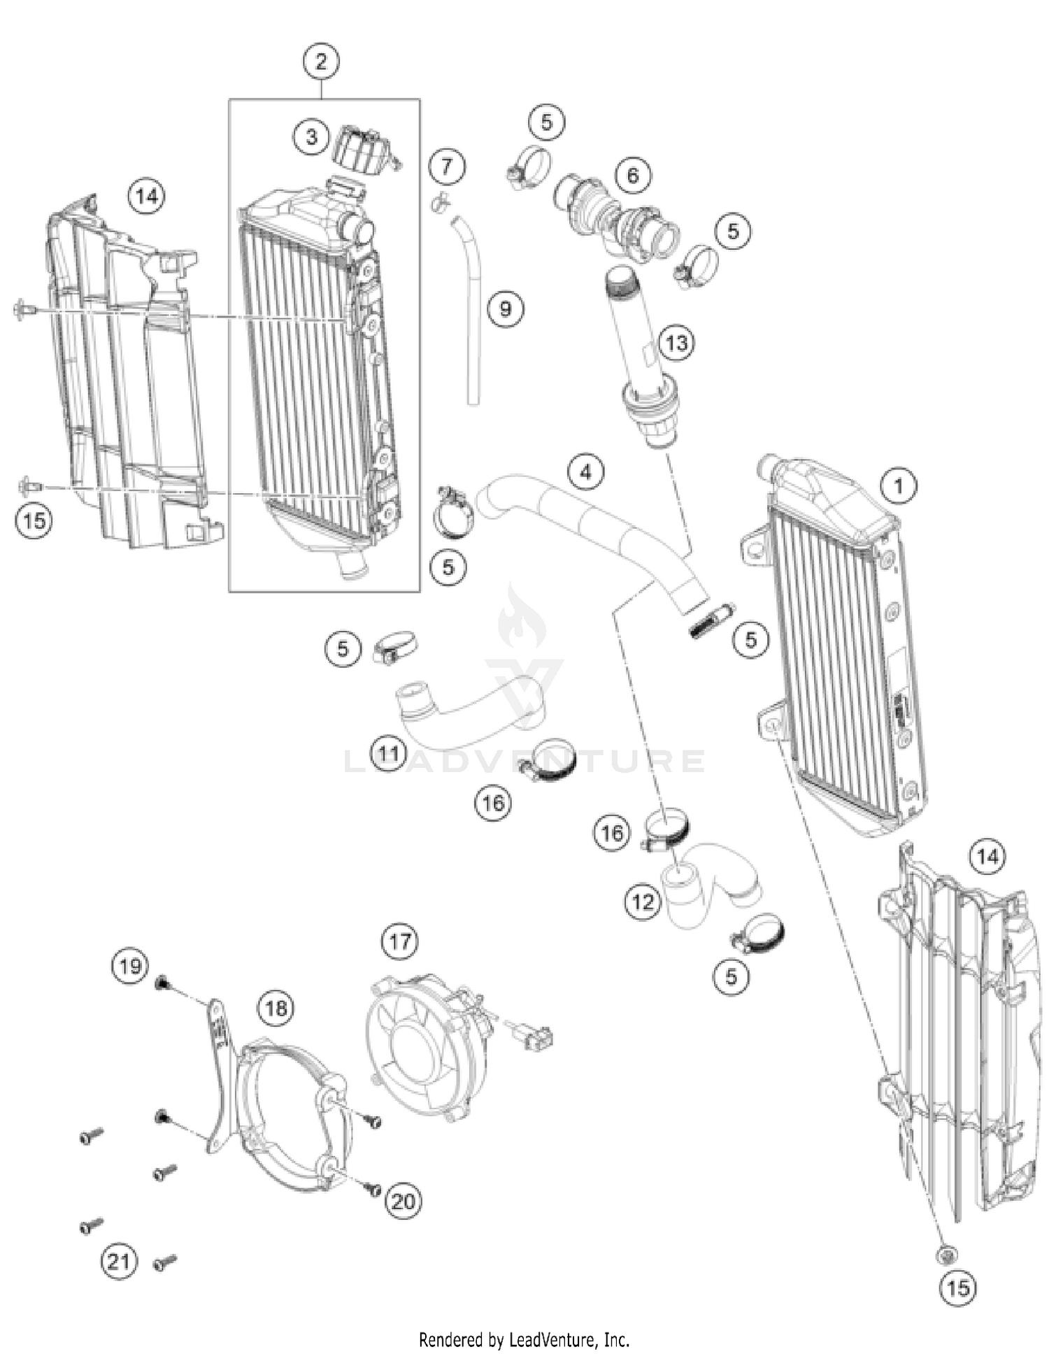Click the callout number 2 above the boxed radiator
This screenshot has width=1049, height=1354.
[x=321, y=62]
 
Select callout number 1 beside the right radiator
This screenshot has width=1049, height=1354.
[x=899, y=485]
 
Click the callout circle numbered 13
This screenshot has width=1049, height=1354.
[x=676, y=343]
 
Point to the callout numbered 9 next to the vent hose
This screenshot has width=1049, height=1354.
[x=505, y=308]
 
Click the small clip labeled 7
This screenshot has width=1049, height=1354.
[x=440, y=203]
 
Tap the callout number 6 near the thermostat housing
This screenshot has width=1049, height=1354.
[x=633, y=174]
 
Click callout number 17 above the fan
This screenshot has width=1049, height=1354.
[x=399, y=941]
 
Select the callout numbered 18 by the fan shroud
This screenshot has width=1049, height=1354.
[x=276, y=1008]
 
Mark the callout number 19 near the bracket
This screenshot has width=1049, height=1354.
[x=130, y=967]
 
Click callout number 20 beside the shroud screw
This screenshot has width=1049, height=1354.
[x=403, y=1202]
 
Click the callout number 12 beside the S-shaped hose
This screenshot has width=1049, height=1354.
[x=642, y=902]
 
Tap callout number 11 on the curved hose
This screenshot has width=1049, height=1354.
[x=389, y=753]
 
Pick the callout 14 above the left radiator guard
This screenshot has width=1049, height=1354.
[x=147, y=196]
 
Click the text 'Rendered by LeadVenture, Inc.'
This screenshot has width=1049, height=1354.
[x=524, y=1339]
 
